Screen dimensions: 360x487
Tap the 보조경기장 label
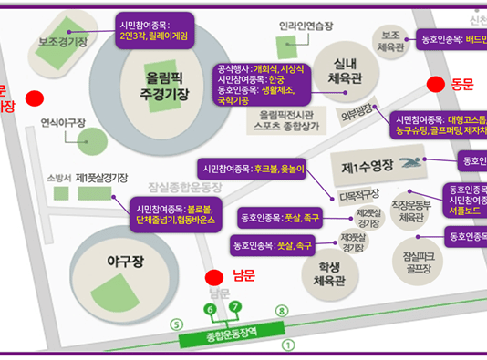click(x=63, y=43)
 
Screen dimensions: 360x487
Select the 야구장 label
click(x=119, y=261)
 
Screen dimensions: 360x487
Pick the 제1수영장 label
click(x=367, y=168)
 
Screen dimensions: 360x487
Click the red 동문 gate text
click(x=463, y=84)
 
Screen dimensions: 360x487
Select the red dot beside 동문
click(x=437, y=84)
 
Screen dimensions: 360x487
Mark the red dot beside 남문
click(x=213, y=276)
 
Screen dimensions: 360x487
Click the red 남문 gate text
click(x=243, y=275)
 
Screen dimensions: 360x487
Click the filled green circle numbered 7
click(x=234, y=305)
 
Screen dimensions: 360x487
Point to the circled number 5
click(x=177, y=325)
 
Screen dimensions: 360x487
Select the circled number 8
click(x=281, y=311)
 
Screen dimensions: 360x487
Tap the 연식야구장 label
click(x=63, y=121)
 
